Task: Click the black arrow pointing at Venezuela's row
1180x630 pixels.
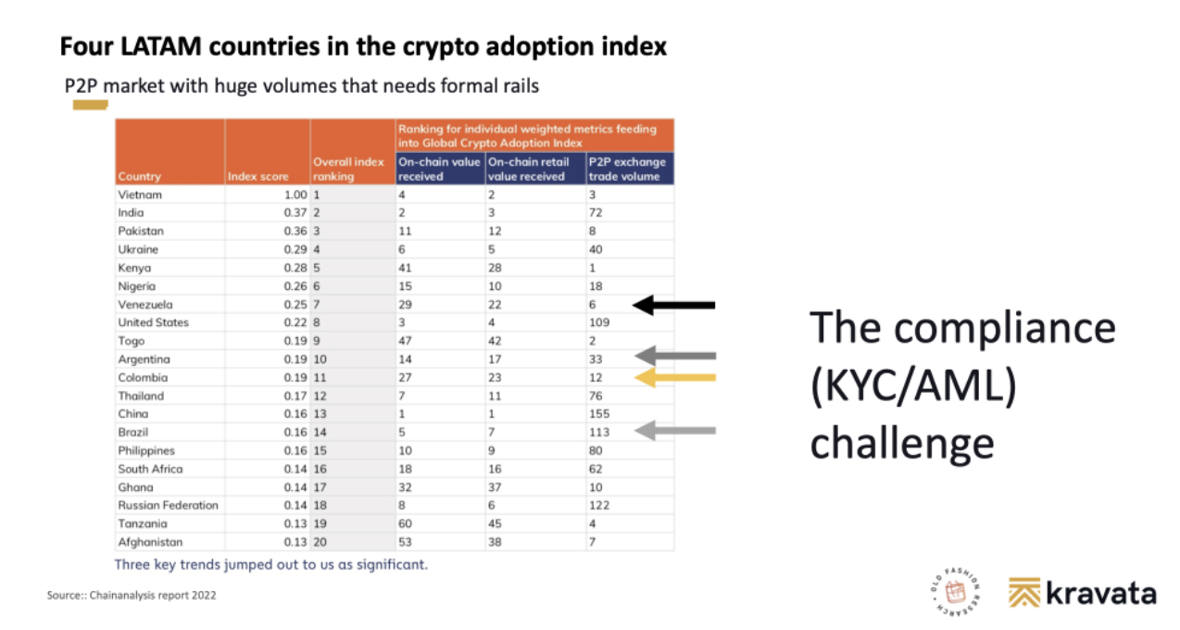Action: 673,305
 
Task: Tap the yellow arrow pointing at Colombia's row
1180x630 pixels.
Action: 675,378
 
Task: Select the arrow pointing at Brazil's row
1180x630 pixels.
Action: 675,431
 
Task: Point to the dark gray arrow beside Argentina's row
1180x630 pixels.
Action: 675,356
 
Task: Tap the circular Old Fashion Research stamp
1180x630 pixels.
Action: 955,591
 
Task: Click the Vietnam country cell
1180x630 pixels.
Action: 140,195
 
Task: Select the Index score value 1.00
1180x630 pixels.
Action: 295,195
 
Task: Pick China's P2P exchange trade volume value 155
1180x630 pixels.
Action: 599,414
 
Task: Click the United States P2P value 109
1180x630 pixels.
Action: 599,322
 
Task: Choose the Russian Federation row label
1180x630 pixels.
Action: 168,505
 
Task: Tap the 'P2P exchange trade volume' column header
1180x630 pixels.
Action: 627,170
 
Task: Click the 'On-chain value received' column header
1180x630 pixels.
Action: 439,170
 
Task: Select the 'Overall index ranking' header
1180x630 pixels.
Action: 348,170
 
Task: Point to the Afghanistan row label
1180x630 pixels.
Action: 150,542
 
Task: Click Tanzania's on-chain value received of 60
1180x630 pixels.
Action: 405,523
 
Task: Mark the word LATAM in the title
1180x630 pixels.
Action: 161,46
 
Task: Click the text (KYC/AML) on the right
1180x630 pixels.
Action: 914,386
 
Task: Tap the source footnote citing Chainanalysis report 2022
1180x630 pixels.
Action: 132,595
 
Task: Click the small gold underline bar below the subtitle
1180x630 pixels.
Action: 91,105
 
